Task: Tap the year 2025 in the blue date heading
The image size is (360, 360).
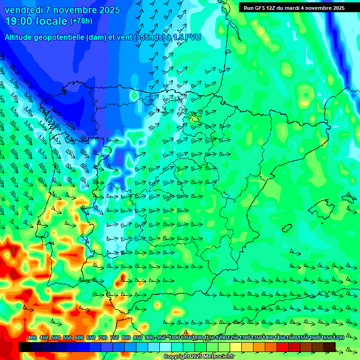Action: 108,10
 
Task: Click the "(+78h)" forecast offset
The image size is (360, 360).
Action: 81,21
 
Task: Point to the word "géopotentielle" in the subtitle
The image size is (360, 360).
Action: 63,37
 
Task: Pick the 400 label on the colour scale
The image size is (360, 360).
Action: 32,338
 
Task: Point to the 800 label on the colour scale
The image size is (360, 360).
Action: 126,338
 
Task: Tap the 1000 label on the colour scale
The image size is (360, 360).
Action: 174,338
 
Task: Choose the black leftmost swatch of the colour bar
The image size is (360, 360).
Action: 25,347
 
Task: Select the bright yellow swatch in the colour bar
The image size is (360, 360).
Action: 236,347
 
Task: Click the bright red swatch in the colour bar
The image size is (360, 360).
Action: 283,347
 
